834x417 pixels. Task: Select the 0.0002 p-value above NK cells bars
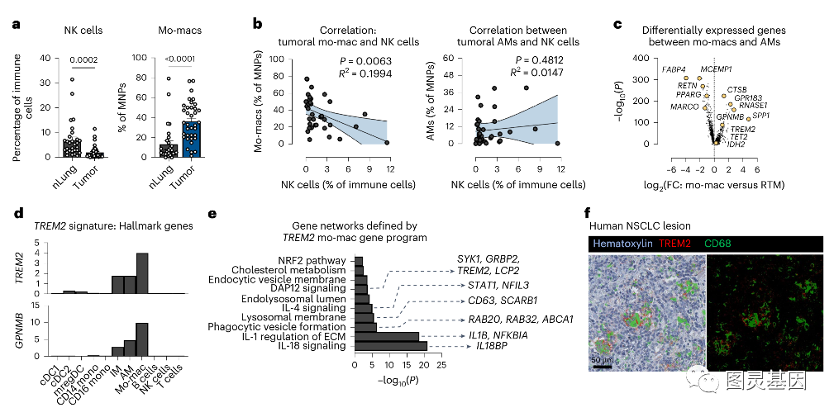[x=84, y=59]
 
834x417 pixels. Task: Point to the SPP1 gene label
[x=761, y=116]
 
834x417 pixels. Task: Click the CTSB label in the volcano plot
[x=737, y=89]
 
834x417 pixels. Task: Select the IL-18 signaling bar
[x=390, y=346]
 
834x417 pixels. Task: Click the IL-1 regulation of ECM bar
[x=386, y=336]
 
